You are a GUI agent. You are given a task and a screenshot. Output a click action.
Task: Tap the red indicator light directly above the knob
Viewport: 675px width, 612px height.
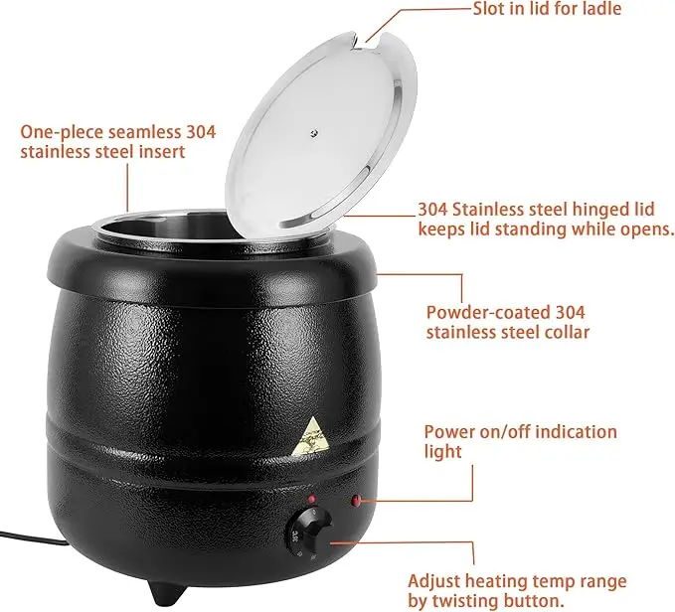click(x=310, y=498)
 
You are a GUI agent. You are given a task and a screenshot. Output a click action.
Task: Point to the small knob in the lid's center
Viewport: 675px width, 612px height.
click(x=313, y=132)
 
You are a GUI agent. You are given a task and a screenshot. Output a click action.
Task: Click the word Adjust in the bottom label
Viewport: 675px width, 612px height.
click(x=433, y=580)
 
